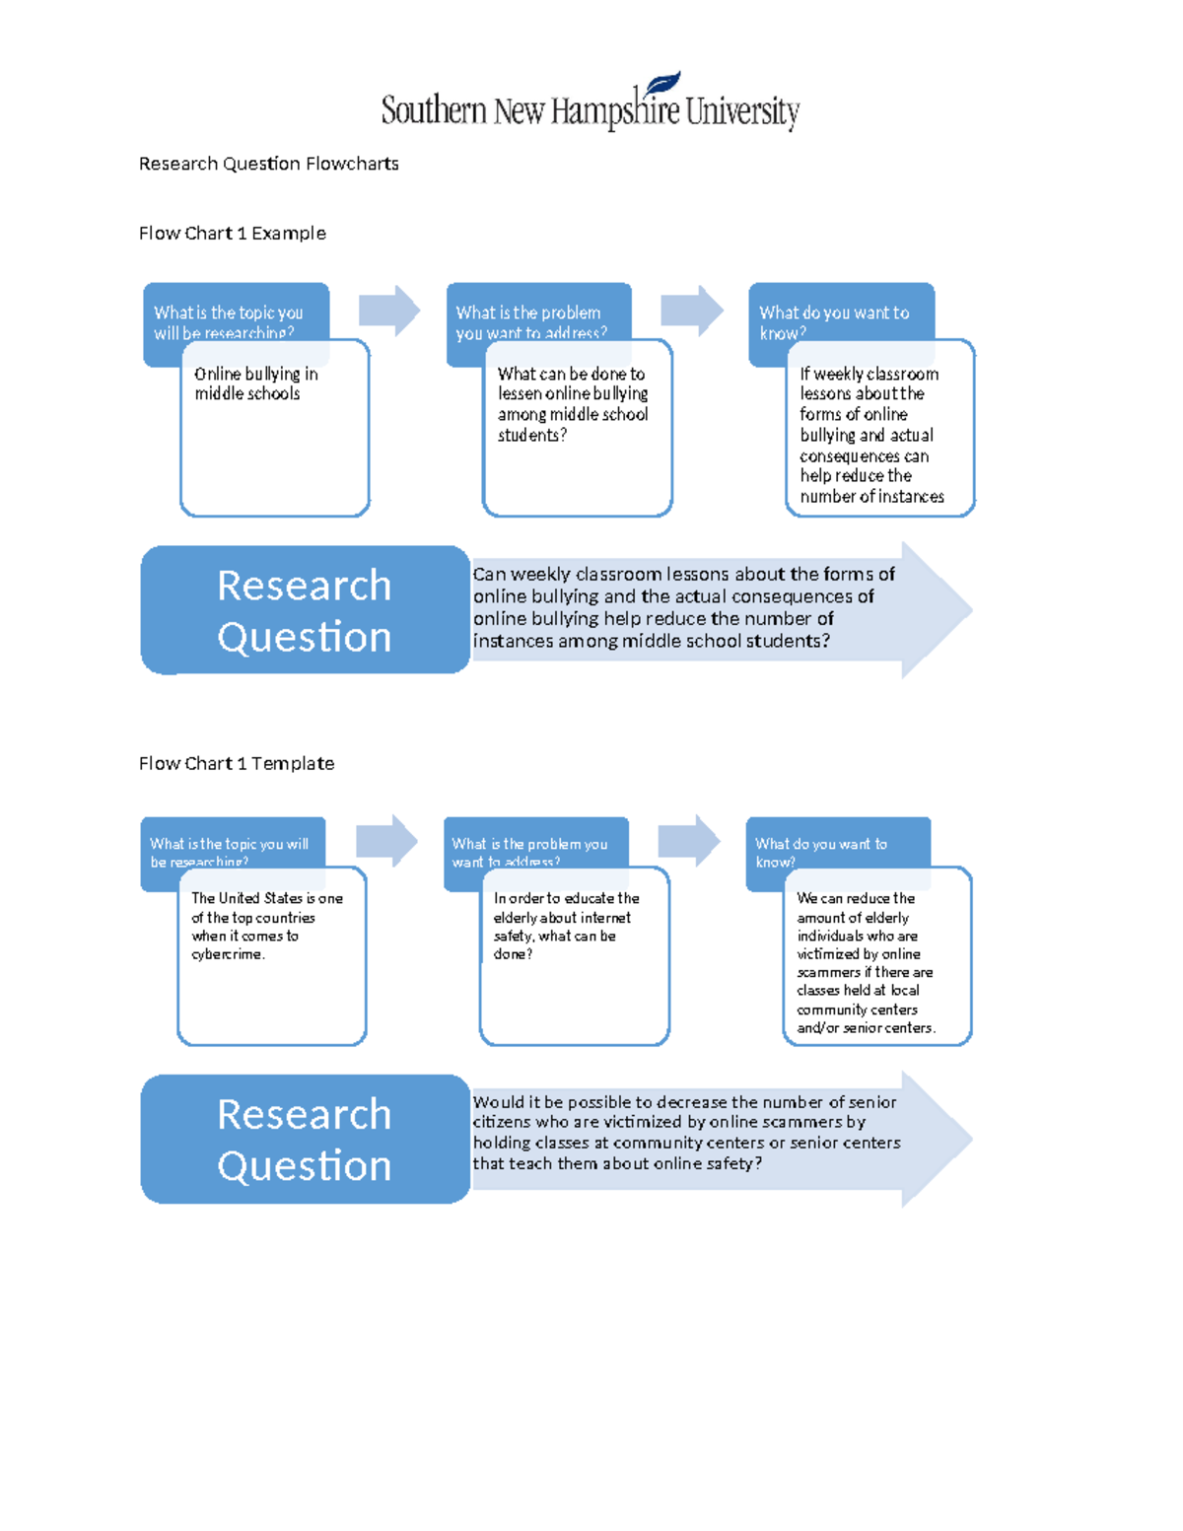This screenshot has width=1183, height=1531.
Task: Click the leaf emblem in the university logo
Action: (662, 84)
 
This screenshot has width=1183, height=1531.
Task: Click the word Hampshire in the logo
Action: (615, 111)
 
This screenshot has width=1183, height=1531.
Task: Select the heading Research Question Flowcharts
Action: (268, 164)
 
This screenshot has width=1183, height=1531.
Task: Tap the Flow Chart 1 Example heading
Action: (232, 234)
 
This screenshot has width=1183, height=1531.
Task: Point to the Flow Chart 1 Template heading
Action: (236, 764)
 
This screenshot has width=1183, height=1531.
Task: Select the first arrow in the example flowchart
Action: (389, 311)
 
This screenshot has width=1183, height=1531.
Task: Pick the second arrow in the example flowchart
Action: (692, 311)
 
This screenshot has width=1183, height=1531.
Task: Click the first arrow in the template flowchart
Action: (386, 841)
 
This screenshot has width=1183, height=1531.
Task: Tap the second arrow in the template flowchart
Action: (689, 841)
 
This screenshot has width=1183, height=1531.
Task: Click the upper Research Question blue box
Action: (304, 610)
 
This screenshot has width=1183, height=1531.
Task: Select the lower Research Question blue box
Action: (304, 1140)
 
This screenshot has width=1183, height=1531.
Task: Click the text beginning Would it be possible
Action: (685, 1133)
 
